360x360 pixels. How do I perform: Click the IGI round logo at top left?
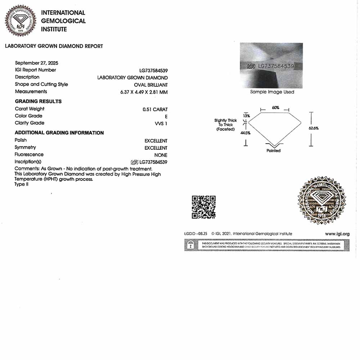point(21,21)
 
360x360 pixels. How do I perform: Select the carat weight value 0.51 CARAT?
point(155,109)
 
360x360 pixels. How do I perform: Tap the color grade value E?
point(166,117)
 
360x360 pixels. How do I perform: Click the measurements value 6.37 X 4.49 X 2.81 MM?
point(144,92)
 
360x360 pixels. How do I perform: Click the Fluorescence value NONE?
point(161,155)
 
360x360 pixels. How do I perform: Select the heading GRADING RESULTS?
point(38,101)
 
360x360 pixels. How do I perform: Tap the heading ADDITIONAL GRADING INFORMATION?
point(59,133)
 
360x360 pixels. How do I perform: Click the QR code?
point(203,207)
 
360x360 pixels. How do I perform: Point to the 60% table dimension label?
point(275,108)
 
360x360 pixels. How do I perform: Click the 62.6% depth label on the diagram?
point(313,128)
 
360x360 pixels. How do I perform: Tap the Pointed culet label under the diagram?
point(273,150)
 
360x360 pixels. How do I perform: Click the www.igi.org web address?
point(337,234)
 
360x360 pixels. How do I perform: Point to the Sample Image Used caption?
point(272,92)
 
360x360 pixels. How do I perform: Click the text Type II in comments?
point(22,184)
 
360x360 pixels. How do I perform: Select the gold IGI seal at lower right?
point(321,200)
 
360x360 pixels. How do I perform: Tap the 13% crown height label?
point(246,116)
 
